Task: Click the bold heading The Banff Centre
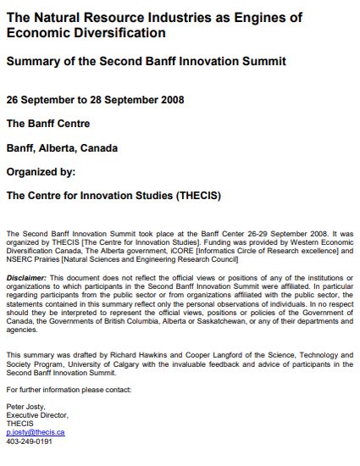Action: pos(48,123)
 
